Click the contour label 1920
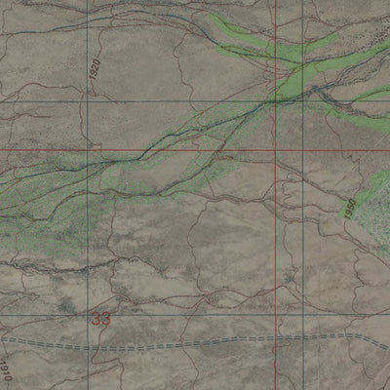[96, 74]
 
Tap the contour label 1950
[348, 208]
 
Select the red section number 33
[100, 318]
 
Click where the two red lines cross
[276, 151]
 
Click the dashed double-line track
[195, 344]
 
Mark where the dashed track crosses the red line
[276, 342]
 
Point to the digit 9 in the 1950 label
[347, 212]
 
